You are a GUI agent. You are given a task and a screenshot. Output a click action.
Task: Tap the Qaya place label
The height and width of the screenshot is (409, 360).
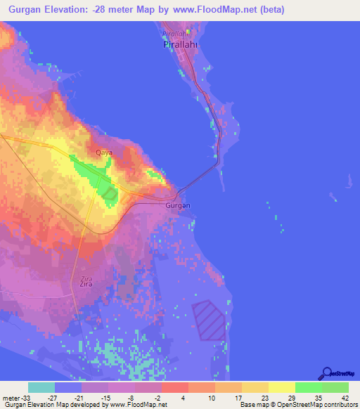click(x=103, y=152)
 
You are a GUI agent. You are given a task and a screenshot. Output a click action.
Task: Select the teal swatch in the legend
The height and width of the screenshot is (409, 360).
click(x=41, y=387)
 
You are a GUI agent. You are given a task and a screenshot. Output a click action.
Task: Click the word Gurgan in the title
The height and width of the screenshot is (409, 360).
click(x=27, y=10)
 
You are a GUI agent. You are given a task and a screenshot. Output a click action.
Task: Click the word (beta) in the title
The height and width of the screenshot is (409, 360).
click(x=298, y=10)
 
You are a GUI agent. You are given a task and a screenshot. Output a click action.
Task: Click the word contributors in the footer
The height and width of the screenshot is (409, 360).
click(x=340, y=405)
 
